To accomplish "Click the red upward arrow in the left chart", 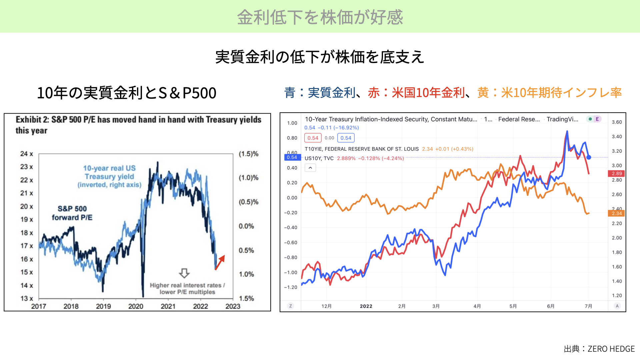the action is pos(220,262).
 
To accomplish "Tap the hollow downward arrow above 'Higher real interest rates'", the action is pos(184,273).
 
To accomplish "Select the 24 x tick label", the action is pos(27,154).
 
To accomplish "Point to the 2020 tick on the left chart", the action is pos(136,306).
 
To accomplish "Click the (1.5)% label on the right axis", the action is pos(248,154).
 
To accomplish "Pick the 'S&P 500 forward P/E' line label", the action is pos(72,213).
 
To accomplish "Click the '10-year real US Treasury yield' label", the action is pos(109,176).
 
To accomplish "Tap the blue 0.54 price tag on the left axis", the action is pos(292,157).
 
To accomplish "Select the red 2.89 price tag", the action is pos(617,173).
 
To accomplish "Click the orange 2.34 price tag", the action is pos(617,213).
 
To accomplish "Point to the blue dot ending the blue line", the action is pos(589,157).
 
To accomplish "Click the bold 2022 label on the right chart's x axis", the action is pos(366,306).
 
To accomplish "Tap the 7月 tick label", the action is pos(589,306).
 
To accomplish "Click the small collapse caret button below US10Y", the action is pos(310,168).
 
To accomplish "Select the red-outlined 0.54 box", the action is pos(313,138).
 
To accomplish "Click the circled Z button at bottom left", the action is pos(291,306).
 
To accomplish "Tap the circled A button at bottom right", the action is pos(617,306).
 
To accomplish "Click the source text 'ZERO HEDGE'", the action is pos(611,349).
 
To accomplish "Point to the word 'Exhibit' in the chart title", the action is pos(29,120).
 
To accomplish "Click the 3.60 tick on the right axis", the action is pos(617,122).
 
